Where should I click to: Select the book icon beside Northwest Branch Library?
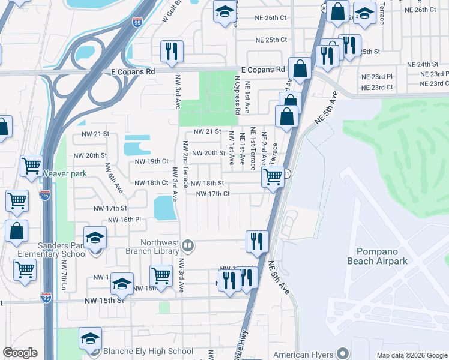coord(188,245)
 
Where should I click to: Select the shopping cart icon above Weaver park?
coord(31,166)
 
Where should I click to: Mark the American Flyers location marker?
coord(342,353)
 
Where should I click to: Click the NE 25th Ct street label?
coord(271,40)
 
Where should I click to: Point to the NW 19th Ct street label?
coord(151,161)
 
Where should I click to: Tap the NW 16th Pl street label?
coord(125,220)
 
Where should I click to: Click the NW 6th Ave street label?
coord(114,178)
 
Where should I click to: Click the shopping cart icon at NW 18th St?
coord(273,177)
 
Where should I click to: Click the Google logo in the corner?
coord(20,353)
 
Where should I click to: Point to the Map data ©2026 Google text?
coord(411,355)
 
